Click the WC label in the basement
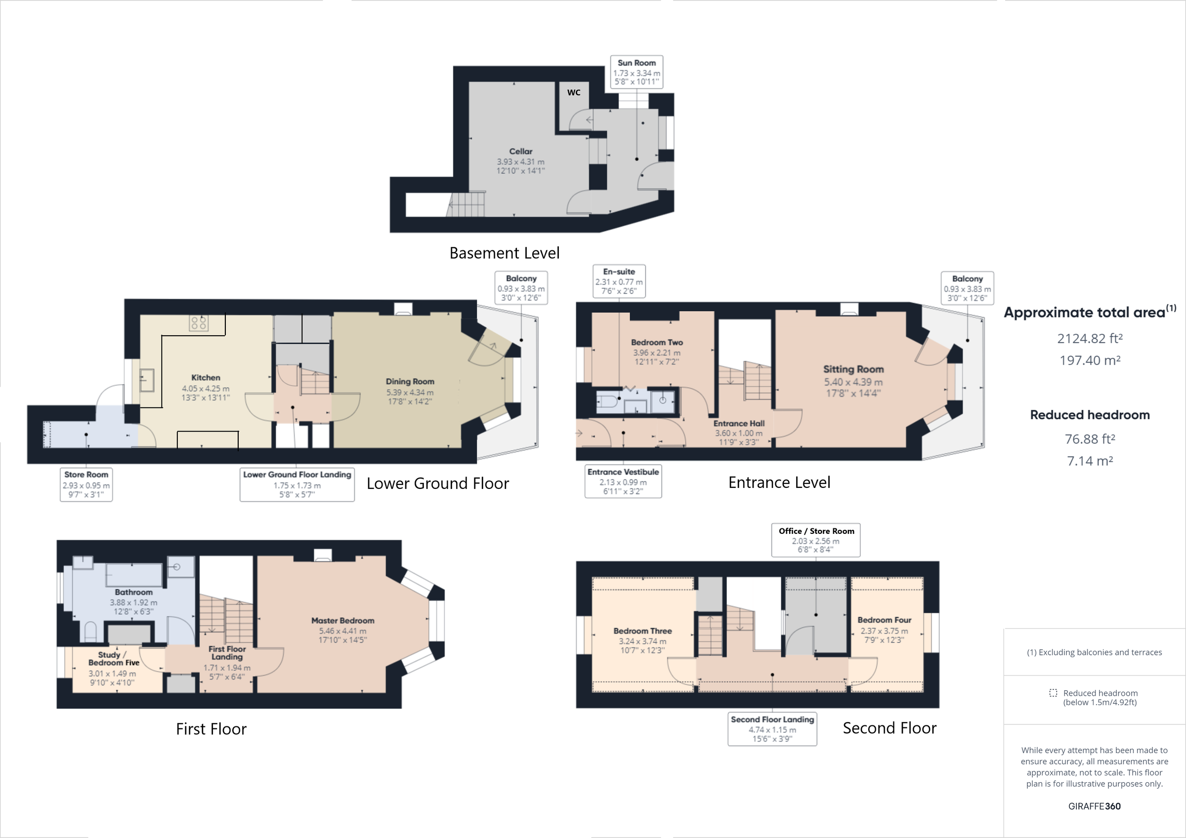click(x=573, y=92)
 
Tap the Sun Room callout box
click(x=636, y=72)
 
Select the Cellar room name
click(x=520, y=151)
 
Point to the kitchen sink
click(x=147, y=380)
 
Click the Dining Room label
click(x=410, y=382)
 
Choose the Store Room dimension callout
click(x=86, y=484)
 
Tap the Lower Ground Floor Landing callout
click(x=297, y=484)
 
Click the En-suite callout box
click(x=619, y=281)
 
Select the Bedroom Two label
click(x=657, y=342)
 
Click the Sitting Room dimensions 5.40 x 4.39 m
click(x=853, y=382)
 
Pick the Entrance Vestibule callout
click(x=623, y=481)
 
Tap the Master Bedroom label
click(x=342, y=621)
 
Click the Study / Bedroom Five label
click(x=114, y=659)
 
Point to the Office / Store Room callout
click(x=816, y=540)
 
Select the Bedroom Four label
click(x=884, y=620)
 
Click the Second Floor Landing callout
click(x=772, y=728)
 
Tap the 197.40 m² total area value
click(x=1090, y=360)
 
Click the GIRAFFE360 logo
click(x=1094, y=806)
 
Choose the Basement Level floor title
click(x=504, y=253)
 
